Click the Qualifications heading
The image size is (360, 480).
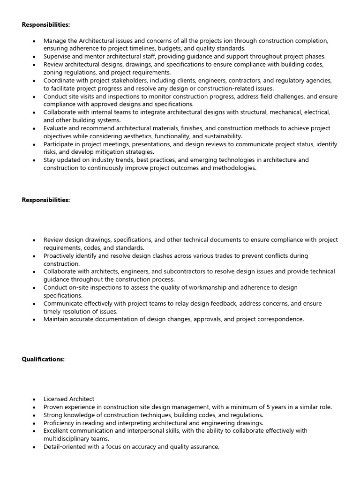pos(43,359)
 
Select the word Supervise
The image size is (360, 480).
pos(58,56)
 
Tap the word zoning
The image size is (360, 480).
pos(54,72)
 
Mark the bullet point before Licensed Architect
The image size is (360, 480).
pos(34,399)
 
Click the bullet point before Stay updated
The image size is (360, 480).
pos(34,160)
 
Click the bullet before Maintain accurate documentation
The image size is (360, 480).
pos(34,320)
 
